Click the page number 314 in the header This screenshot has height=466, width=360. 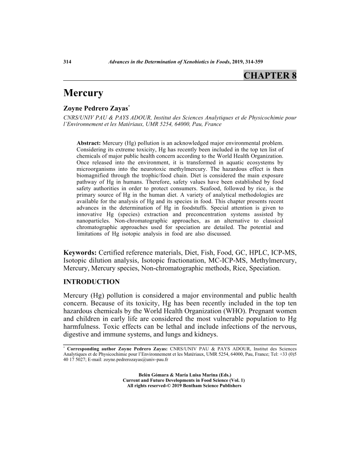[x=67, y=62]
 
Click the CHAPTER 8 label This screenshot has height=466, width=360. [x=270, y=75]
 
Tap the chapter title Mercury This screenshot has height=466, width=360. [x=83, y=94]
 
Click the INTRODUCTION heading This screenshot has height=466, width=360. [x=91, y=282]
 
